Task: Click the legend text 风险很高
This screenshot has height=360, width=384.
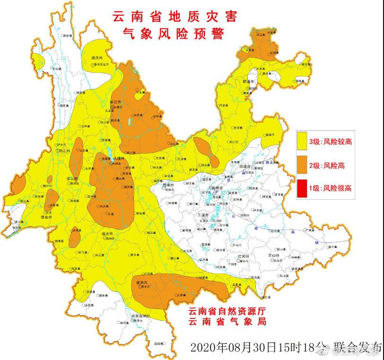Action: (337, 189)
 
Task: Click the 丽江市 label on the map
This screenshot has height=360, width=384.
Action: (115, 102)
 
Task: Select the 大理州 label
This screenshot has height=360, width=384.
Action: (117, 159)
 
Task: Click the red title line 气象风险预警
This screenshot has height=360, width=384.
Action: (172, 34)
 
